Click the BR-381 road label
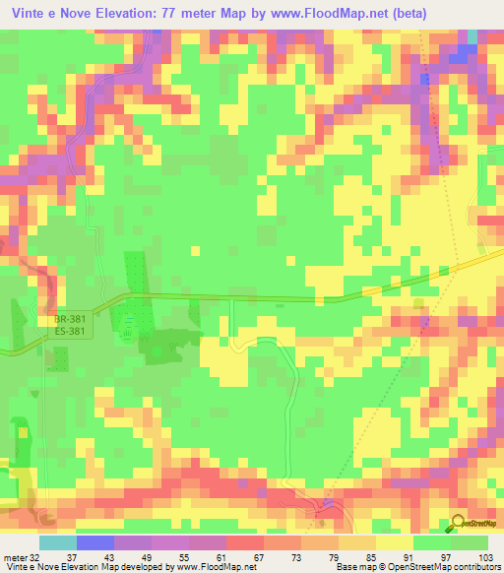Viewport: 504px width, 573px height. tap(72, 320)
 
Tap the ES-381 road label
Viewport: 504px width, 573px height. tap(72, 332)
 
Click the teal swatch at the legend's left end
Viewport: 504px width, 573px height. tap(57, 542)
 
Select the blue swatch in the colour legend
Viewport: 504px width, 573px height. tap(94, 542)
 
